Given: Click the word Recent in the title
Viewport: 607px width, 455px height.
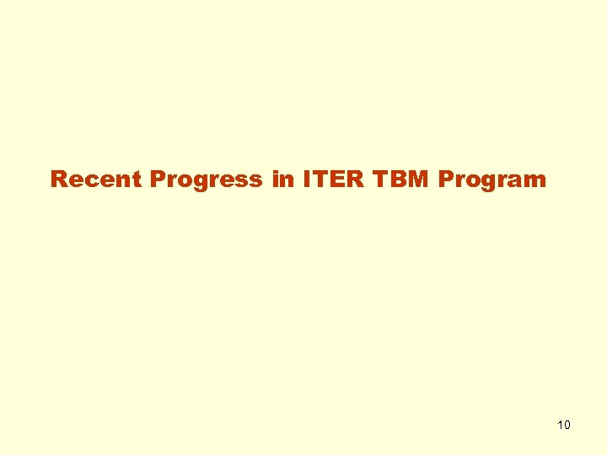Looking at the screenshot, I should (x=97, y=179).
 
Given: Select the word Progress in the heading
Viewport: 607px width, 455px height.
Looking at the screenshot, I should (x=207, y=179).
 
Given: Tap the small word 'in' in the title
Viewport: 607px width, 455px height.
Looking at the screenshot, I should (x=282, y=179).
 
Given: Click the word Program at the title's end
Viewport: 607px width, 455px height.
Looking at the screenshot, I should (x=492, y=179).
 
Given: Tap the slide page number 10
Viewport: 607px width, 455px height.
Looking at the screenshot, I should (x=564, y=425).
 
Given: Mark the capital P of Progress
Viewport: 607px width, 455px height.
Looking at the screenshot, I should (x=158, y=179).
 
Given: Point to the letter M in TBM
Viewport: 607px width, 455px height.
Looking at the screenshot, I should (x=417, y=179).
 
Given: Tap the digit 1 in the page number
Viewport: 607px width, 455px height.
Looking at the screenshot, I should (x=561, y=425).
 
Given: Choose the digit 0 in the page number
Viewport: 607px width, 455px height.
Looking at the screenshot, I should (x=567, y=425).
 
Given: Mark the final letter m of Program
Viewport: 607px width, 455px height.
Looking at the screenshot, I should (x=535, y=180).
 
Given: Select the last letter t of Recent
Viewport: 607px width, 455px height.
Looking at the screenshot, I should (x=140, y=179).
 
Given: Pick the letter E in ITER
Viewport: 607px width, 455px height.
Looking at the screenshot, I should (x=330, y=179).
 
